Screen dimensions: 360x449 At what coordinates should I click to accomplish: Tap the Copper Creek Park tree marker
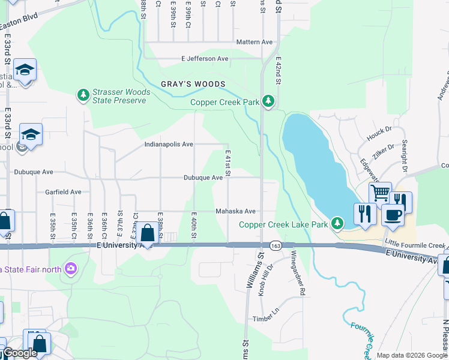pos(269,101)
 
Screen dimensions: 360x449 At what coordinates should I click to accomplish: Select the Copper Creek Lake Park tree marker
pos(337,224)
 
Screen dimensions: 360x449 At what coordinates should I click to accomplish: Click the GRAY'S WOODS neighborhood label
pos(193,84)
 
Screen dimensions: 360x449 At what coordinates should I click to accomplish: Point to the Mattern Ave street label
pos(255,42)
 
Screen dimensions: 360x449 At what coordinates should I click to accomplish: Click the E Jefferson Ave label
pos(205,59)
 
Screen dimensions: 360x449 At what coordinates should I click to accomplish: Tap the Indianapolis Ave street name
pos(169,144)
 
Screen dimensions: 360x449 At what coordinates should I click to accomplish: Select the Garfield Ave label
pos(63,192)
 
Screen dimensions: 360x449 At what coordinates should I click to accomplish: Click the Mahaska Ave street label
pos(236,211)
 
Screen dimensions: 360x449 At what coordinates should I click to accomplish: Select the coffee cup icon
pos(393,214)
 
